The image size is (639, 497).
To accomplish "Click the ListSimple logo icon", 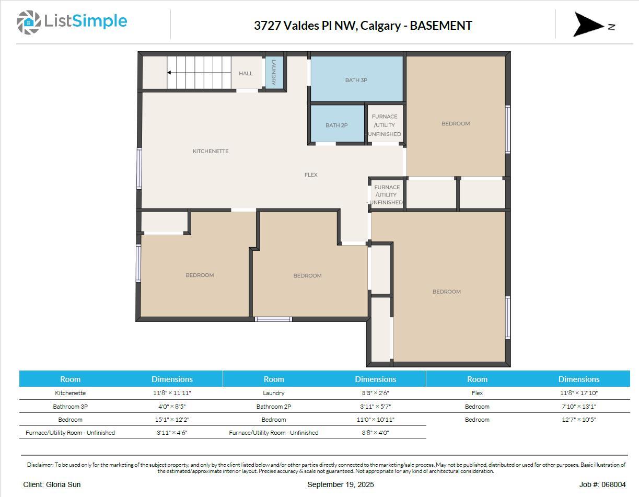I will tap(28, 22).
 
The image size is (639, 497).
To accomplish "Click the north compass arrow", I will tap(589, 25).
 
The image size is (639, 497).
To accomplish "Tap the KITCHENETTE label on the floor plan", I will tap(211, 151).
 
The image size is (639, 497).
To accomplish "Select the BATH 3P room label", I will tap(356, 80).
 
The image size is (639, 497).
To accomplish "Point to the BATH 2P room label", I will tap(336, 125).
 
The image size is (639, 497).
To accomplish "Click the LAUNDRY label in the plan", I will tap(273, 72).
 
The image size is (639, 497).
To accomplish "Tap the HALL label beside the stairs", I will tap(246, 73).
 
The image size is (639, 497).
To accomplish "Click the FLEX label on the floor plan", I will tap(311, 175).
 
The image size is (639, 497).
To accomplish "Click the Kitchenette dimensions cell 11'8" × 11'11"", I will tap(172, 393).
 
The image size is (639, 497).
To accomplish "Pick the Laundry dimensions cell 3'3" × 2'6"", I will tap(375, 393).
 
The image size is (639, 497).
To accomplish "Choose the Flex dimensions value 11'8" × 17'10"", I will tap(578, 393).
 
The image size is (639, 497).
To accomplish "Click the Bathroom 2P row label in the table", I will tap(273, 407).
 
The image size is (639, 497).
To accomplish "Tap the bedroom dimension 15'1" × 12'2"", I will tap(172, 420).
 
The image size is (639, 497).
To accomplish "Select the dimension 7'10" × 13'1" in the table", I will tap(578, 407).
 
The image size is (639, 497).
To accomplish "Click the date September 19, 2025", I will tap(340, 484).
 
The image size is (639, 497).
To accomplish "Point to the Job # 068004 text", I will tap(602, 484).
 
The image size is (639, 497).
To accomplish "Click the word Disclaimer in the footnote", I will tap(40, 465).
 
